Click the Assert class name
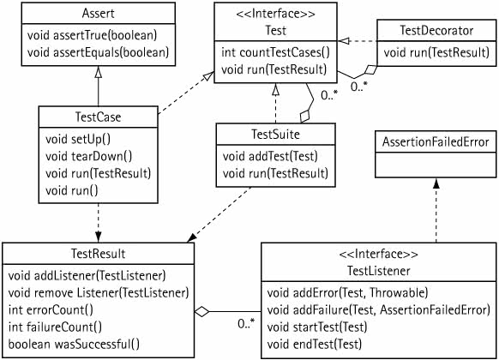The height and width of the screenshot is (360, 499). point(98,14)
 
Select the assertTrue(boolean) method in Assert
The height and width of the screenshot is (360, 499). point(92,35)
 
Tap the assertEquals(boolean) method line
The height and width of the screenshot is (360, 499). point(98,52)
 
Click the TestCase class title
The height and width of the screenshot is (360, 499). point(98,117)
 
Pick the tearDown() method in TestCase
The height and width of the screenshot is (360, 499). point(88,157)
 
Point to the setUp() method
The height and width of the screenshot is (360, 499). point(78,140)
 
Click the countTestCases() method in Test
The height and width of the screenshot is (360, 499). point(275,52)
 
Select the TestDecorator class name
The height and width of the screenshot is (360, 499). point(436,31)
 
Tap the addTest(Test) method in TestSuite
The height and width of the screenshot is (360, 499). point(270,157)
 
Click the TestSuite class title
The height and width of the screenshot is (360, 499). point(275,135)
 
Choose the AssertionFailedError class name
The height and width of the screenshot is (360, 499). point(436,141)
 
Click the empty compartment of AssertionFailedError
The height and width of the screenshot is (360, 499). point(436,165)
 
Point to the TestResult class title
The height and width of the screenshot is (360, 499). point(98,254)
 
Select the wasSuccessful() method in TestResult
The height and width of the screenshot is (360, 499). point(74,345)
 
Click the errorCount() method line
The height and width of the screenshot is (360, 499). point(51,310)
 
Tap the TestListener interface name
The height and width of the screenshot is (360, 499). point(379,271)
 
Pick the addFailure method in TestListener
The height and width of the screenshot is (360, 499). point(378,310)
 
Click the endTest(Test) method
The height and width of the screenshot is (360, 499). point(315,345)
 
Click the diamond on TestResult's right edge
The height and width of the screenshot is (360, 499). point(201,311)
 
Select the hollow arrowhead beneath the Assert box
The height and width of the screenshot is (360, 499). point(98,71)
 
